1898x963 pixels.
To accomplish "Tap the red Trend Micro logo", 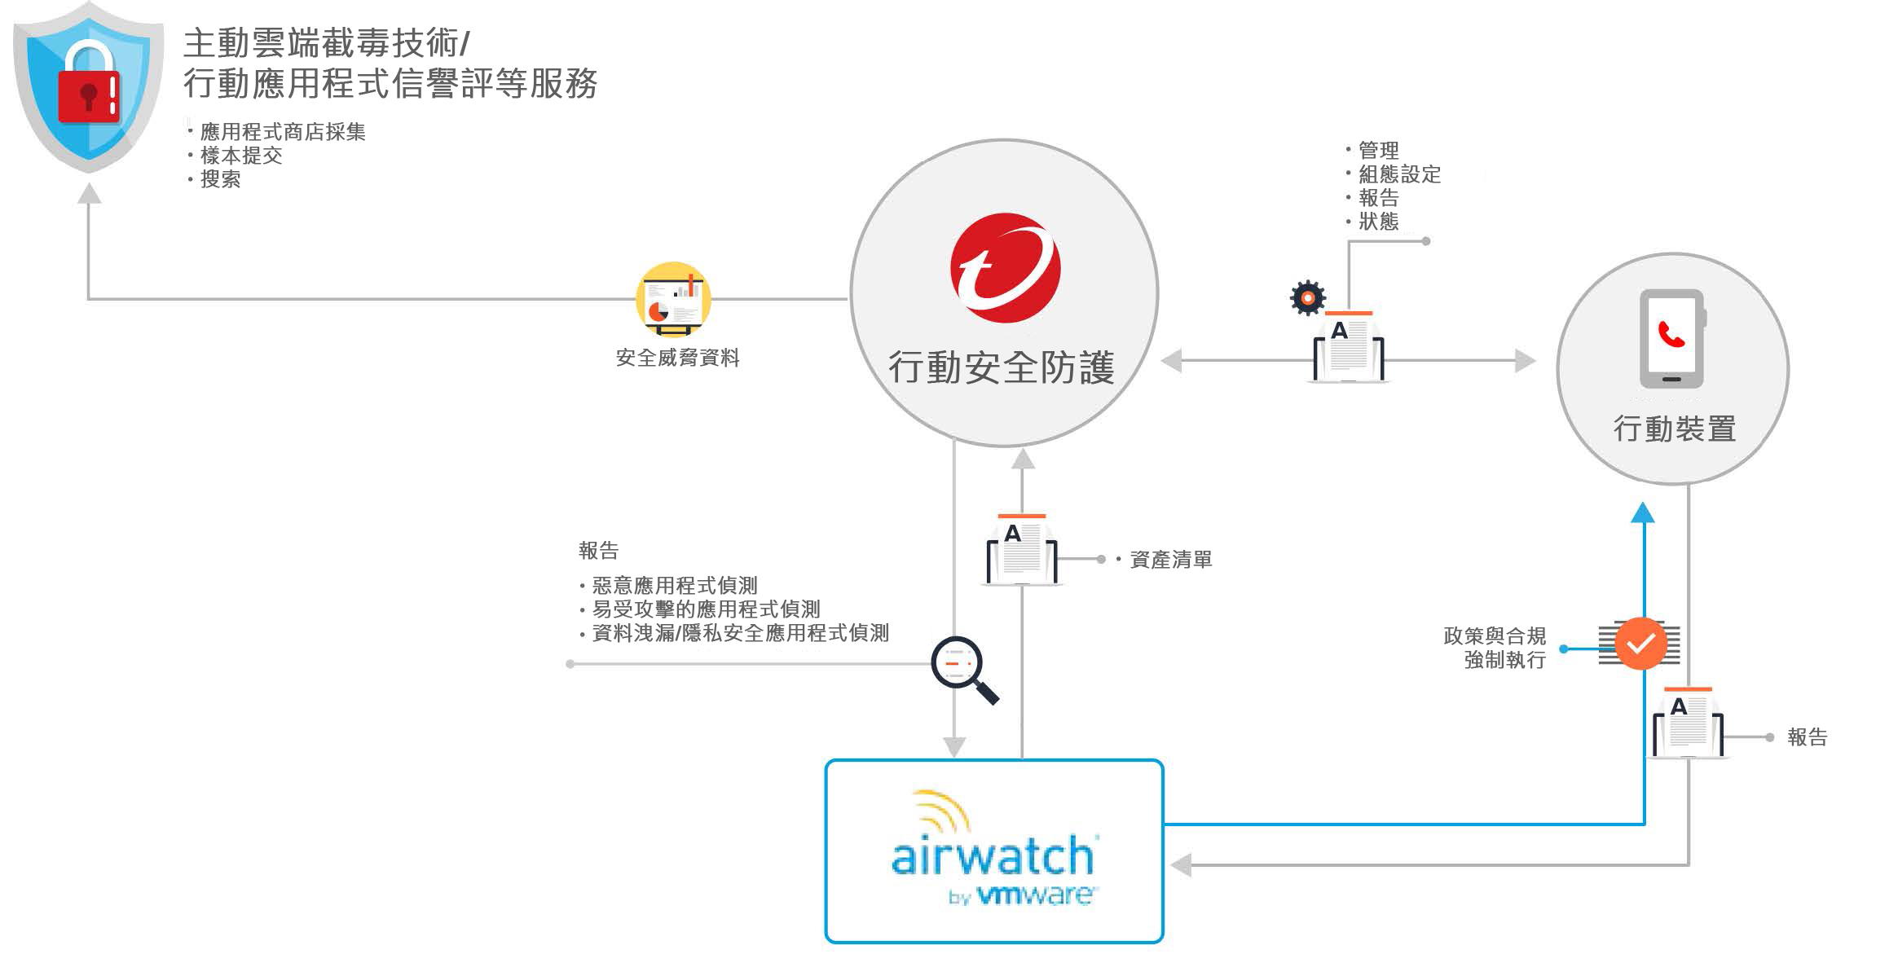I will pyautogui.click(x=1005, y=268).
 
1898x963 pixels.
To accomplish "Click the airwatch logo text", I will pyautogui.click(x=993, y=856).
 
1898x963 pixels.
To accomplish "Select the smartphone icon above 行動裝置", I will pyautogui.click(x=1671, y=338).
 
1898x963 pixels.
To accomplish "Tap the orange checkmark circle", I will pyautogui.click(x=1640, y=644).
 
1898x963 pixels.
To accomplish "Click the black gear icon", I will pyautogui.click(x=1308, y=298).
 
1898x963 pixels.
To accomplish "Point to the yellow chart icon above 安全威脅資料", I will pyautogui.click(x=673, y=299).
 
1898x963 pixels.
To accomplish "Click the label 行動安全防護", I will pyautogui.click(x=1002, y=367).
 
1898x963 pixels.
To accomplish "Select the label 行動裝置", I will pyautogui.click(x=1675, y=429).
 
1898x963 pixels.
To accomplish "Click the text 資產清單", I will pyautogui.click(x=1170, y=560).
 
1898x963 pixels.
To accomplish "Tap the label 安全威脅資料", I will pyautogui.click(x=677, y=358).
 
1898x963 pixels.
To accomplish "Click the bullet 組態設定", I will pyautogui.click(x=1399, y=174).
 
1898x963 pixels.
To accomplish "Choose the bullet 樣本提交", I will pyautogui.click(x=241, y=156).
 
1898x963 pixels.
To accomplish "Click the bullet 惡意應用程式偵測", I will pyautogui.click(x=675, y=585).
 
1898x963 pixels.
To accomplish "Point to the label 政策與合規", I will pyautogui.click(x=1495, y=635).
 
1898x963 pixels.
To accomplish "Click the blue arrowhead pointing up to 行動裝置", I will pyautogui.click(x=1643, y=513).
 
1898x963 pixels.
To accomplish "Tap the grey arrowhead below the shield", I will pyautogui.click(x=89, y=194).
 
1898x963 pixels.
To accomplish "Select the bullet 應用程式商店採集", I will pyautogui.click(x=283, y=132).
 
